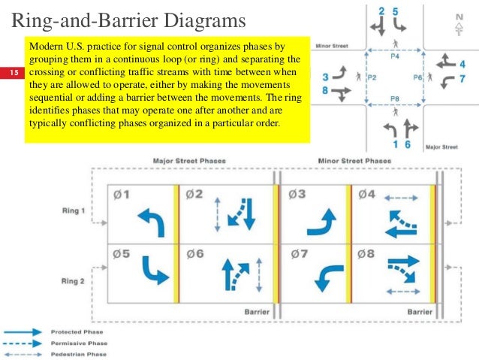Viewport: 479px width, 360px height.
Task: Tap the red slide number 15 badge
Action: click(x=13, y=72)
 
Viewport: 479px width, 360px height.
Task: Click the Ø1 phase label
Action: click(x=122, y=194)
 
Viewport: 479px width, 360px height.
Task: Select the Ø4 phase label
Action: click(x=367, y=194)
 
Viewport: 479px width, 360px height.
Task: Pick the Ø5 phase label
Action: click(x=122, y=254)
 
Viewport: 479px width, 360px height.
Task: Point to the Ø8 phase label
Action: click(x=367, y=254)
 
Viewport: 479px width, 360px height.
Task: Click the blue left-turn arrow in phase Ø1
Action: click(x=150, y=222)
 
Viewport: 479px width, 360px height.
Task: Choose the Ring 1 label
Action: click(x=74, y=210)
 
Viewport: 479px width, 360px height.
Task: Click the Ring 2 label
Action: click(x=74, y=281)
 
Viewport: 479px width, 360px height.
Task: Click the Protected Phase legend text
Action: click(x=77, y=331)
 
